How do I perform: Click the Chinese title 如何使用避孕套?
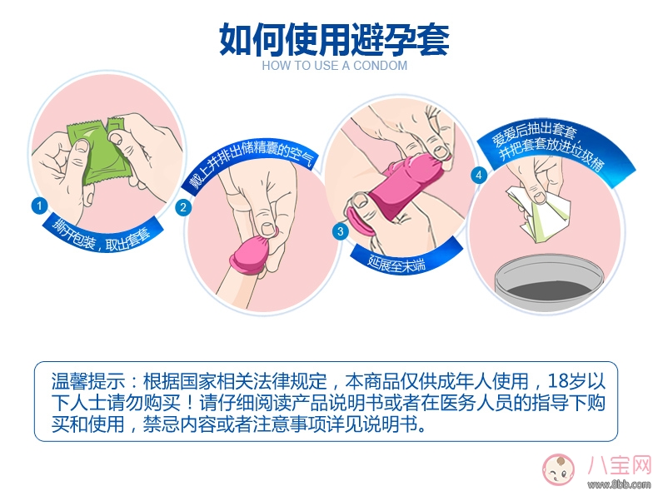(334, 38)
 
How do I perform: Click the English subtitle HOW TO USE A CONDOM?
(334, 66)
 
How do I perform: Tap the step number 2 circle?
(186, 209)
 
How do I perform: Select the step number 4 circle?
(478, 176)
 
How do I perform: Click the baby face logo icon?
(559, 470)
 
